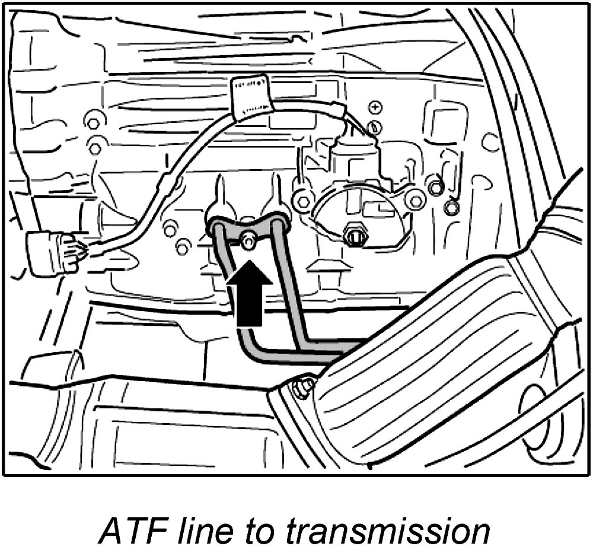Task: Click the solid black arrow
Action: (x=250, y=294)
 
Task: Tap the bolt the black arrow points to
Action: (x=249, y=240)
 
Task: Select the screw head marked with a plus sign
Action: (x=375, y=107)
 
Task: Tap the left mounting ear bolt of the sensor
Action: (x=302, y=201)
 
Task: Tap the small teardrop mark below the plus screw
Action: (x=375, y=126)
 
